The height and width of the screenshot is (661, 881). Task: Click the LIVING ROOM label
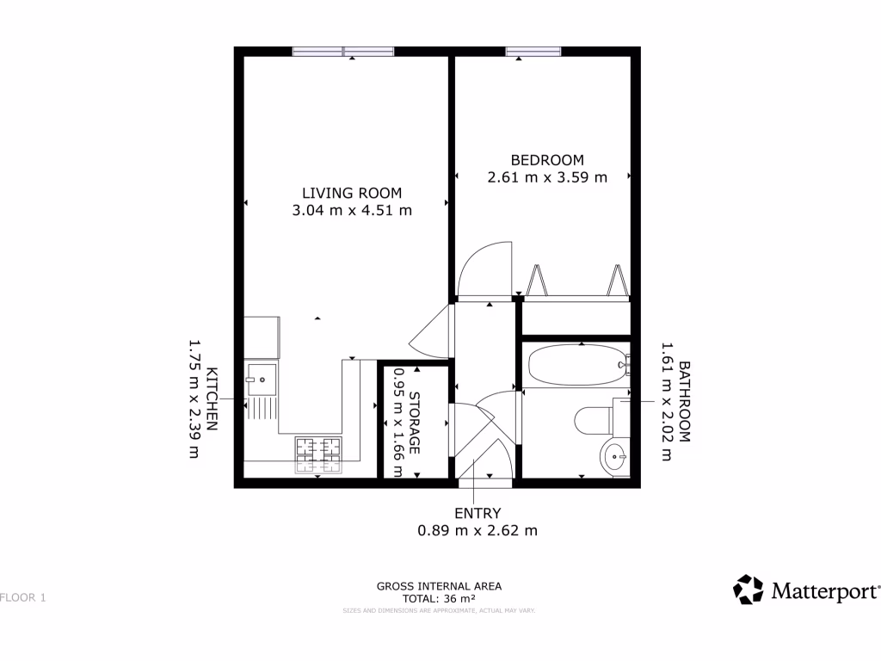[351, 193]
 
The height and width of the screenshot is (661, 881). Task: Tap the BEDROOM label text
[547, 160]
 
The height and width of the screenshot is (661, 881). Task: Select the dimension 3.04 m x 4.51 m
[351, 210]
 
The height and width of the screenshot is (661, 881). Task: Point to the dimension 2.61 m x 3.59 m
[547, 177]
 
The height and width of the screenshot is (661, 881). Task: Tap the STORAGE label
[414, 423]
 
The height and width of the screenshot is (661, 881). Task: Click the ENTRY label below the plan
[477, 514]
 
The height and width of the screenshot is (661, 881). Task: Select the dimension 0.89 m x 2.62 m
[477, 531]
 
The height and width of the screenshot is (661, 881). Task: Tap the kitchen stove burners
[318, 455]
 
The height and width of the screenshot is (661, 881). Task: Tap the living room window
[343, 52]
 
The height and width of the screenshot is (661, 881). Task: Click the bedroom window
[533, 52]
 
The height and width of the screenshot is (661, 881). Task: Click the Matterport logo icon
[748, 590]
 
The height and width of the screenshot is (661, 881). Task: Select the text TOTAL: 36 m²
[439, 598]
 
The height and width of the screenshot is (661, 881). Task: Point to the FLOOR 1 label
[23, 597]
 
